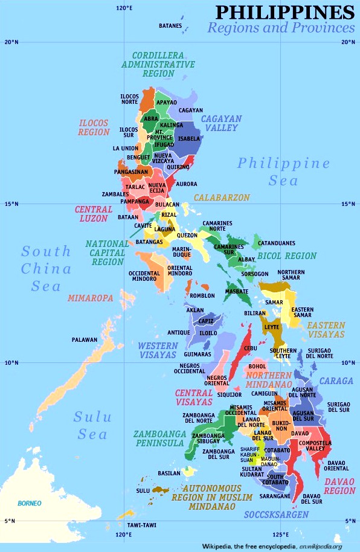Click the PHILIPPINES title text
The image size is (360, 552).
(284, 11)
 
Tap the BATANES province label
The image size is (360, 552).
(170, 26)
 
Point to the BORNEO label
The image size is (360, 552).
(30, 503)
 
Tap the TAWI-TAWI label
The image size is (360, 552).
(142, 525)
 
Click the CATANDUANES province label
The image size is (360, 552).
(277, 243)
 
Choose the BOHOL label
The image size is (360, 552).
(257, 366)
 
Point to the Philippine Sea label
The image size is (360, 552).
(283, 172)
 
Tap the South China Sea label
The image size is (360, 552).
(47, 268)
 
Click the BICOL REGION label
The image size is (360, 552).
(287, 256)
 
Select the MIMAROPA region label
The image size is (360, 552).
(90, 298)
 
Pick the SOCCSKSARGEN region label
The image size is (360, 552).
(276, 515)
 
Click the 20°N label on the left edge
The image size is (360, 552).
(11, 42)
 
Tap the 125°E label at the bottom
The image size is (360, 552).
(280, 534)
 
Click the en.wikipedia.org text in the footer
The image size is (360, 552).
(317, 547)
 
